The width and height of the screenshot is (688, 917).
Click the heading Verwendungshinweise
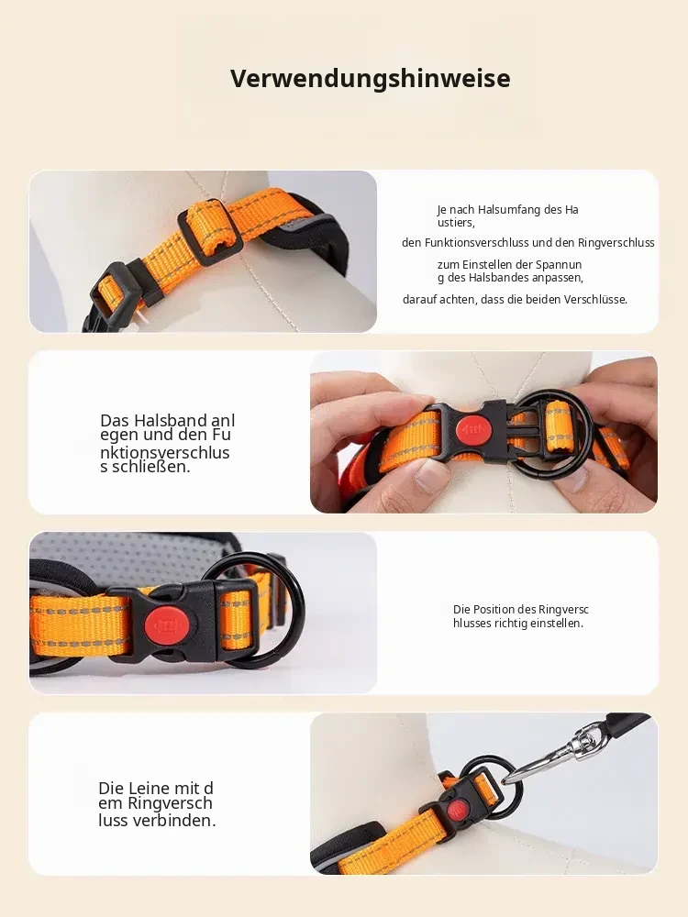tap(371, 78)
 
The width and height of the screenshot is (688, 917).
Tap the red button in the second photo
tap(474, 429)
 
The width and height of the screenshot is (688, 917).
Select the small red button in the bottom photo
tap(457, 812)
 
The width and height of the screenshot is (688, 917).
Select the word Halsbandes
tap(498, 278)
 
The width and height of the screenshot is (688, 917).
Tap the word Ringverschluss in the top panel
tap(616, 243)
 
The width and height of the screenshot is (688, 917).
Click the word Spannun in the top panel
tap(559, 265)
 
